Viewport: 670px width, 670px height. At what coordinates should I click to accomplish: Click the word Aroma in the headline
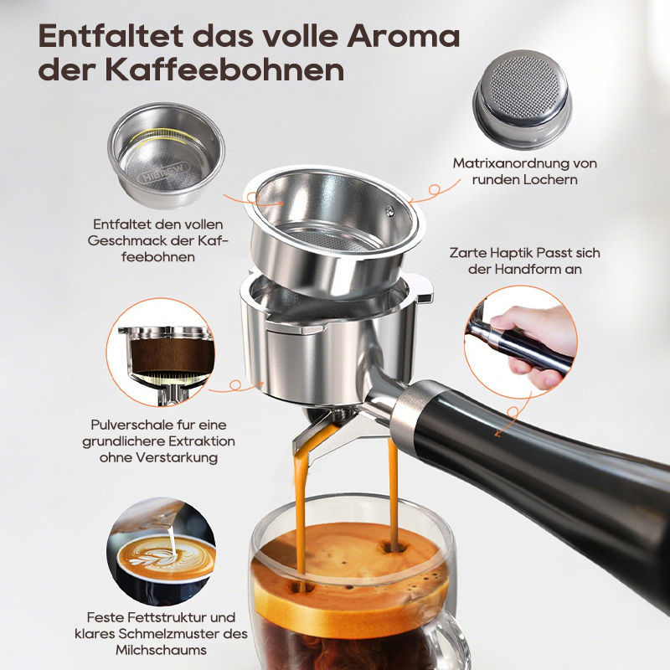[403, 37]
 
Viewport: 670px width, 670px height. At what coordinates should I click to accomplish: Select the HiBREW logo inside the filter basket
[163, 172]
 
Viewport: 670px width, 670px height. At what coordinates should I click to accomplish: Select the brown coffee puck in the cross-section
[172, 355]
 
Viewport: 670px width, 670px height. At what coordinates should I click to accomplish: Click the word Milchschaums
[161, 650]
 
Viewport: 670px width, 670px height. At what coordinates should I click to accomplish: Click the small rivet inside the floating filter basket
[389, 210]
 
